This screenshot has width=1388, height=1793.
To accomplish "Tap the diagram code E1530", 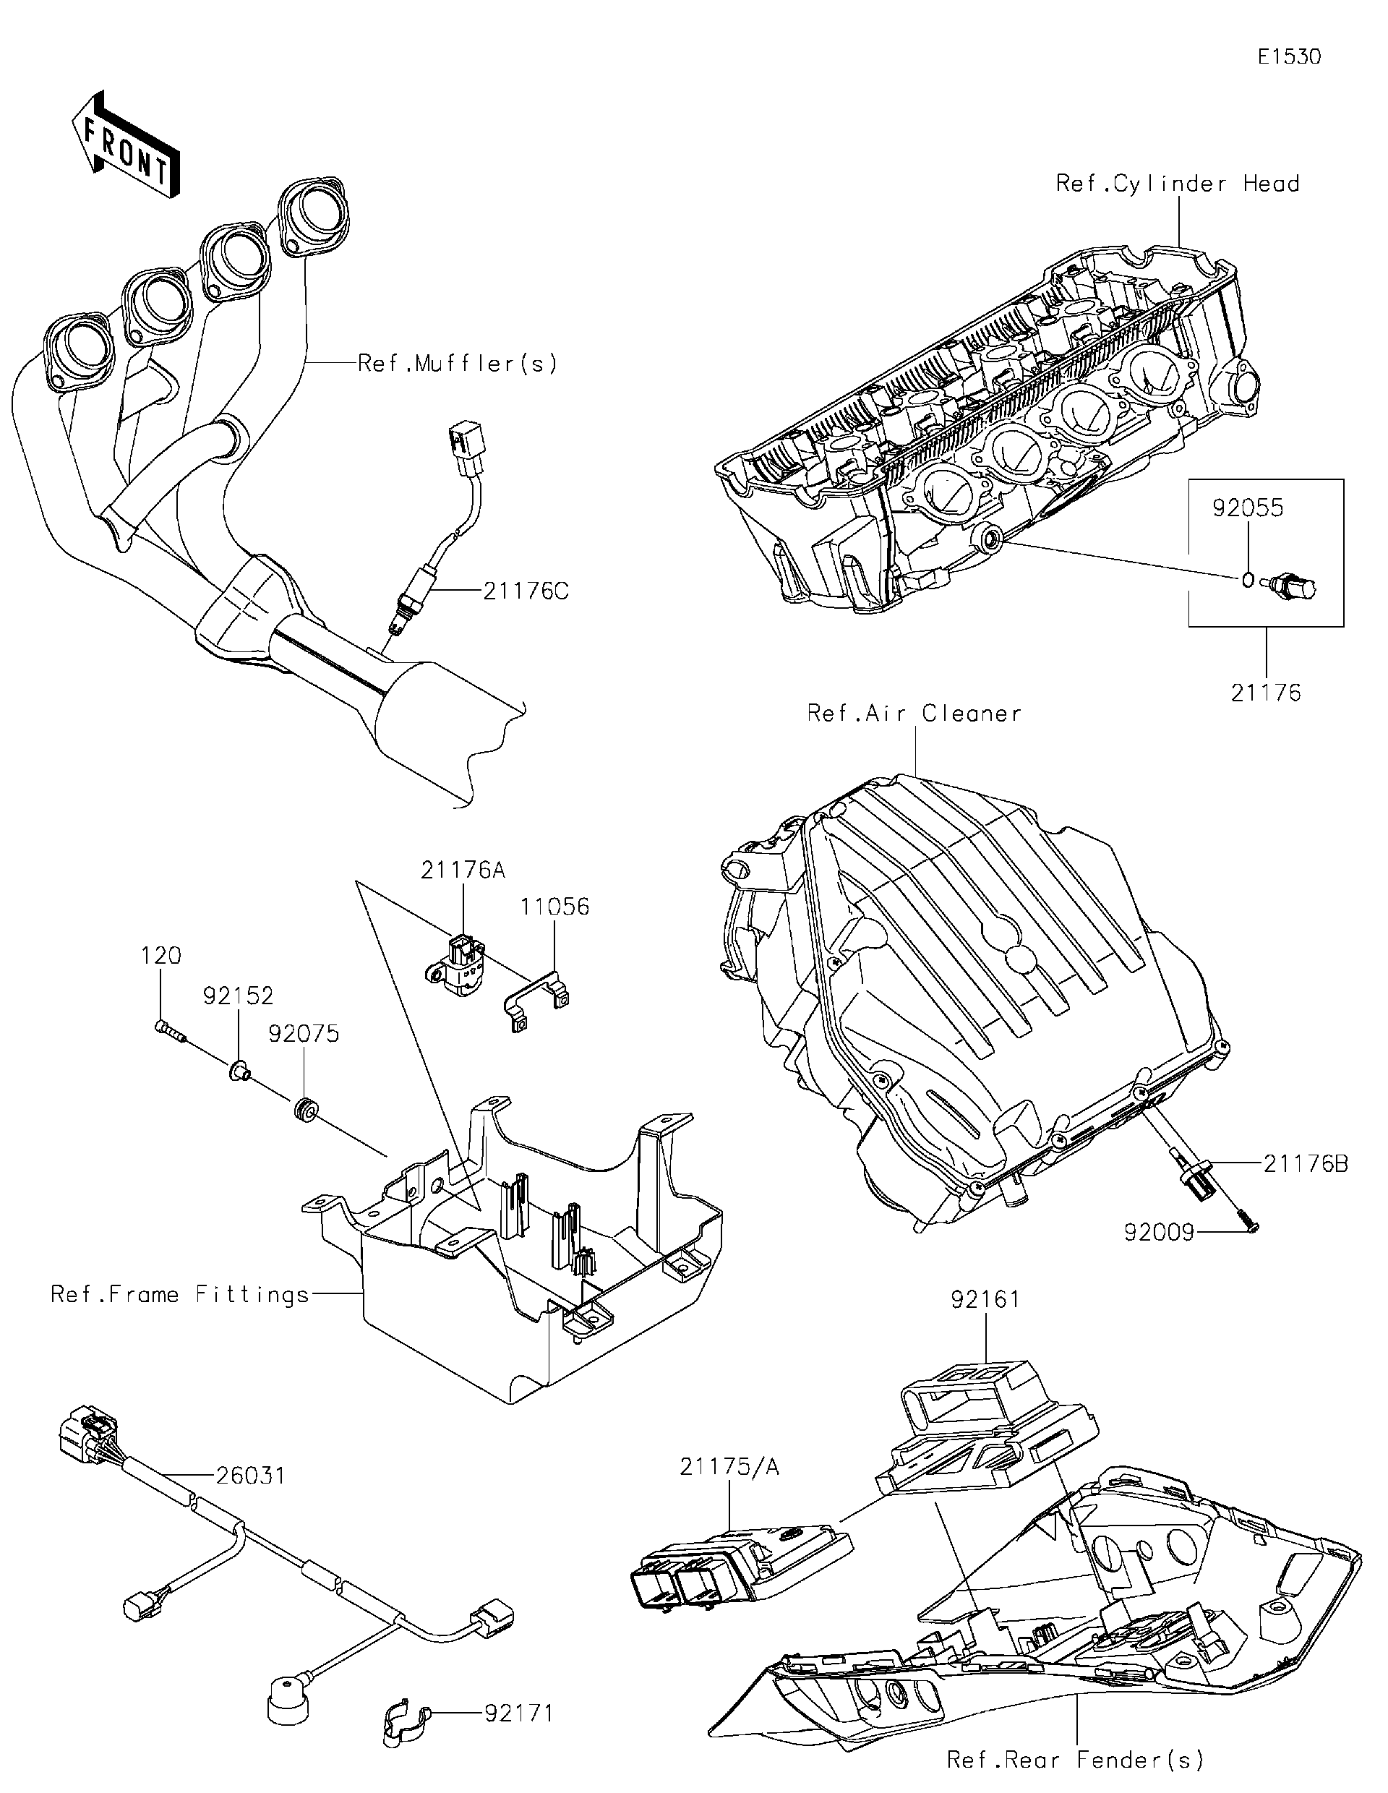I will [1289, 56].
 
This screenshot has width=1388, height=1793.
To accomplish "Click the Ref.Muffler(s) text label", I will [457, 363].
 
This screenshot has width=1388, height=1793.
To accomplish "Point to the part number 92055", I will [1248, 508].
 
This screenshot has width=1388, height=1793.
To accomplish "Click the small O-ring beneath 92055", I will [1247, 581].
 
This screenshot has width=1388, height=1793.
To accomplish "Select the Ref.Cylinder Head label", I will [1177, 183].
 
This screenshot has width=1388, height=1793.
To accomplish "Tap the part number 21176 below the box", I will [1266, 693].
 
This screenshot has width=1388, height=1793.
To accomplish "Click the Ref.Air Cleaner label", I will [914, 713].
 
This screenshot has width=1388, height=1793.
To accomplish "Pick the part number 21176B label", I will [1305, 1163].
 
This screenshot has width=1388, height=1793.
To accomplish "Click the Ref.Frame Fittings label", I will [180, 1295].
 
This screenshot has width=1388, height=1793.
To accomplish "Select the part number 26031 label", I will [250, 1476].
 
